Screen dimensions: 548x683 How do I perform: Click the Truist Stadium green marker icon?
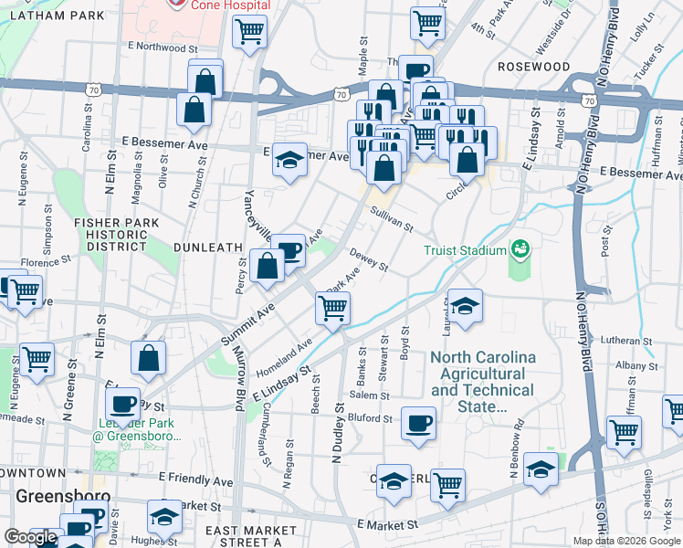pyautogui.click(x=520, y=248)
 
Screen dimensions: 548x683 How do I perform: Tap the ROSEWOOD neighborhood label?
pyautogui.click(x=533, y=67)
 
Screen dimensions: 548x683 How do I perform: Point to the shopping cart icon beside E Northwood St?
pyautogui.click(x=248, y=33)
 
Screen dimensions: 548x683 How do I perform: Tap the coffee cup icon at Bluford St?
pyautogui.click(x=418, y=423)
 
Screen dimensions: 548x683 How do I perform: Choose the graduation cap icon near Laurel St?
pyautogui.click(x=465, y=307)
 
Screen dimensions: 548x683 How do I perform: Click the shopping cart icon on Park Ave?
pyautogui.click(x=332, y=309)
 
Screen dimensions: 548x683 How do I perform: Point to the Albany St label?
pyautogui.click(x=630, y=364)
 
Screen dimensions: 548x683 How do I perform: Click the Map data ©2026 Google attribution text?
pyautogui.click(x=625, y=541)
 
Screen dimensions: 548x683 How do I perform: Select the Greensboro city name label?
pyautogui.click(x=63, y=498)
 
